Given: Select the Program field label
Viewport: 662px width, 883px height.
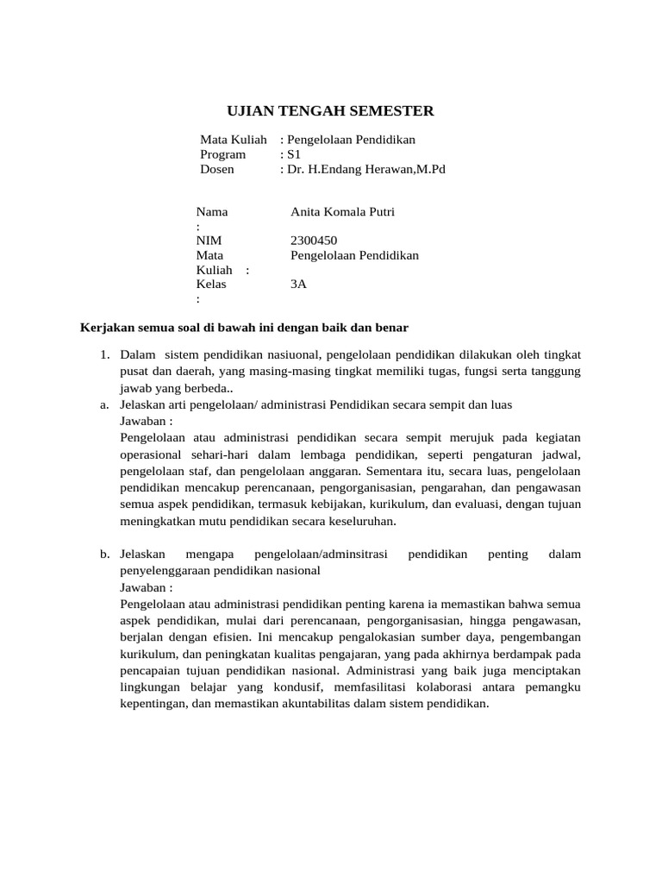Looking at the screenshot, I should (222, 154).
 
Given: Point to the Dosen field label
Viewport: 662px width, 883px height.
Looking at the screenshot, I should (217, 170).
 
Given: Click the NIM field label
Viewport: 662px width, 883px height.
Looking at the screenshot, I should (209, 241).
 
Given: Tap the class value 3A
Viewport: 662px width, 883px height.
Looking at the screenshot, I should (299, 285).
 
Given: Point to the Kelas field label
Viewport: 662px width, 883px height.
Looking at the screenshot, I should (211, 285).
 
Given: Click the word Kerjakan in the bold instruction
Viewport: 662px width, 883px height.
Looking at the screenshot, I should (105, 328).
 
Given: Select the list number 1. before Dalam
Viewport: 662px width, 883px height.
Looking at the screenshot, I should (106, 354).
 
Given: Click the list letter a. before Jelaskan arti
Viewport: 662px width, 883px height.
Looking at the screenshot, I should (103, 404).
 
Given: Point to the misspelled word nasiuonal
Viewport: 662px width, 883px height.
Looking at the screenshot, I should (290, 354).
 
